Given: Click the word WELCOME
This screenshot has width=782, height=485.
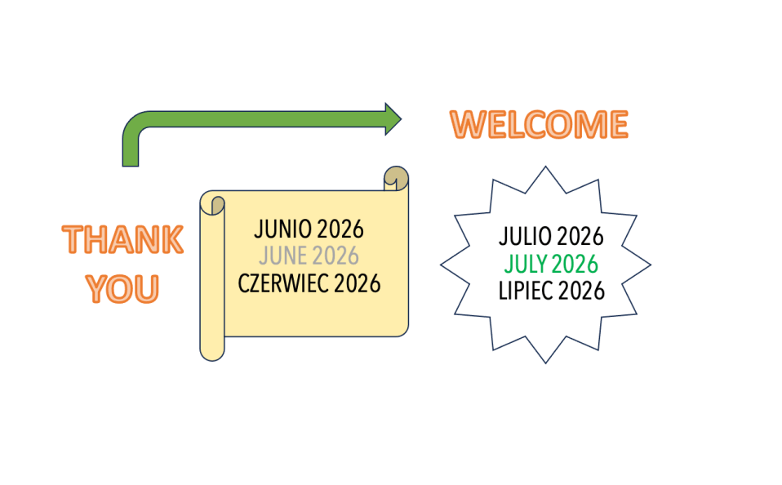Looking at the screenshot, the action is [x=539, y=124].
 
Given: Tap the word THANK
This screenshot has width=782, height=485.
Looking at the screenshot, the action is [x=122, y=239].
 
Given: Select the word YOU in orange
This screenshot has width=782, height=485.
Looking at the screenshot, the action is [x=122, y=289].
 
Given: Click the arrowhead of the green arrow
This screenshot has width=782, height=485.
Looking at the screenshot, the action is [x=393, y=119].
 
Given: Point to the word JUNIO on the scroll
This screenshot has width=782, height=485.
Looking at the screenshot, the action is [x=282, y=229].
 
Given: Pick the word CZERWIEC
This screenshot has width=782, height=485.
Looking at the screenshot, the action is [x=283, y=283].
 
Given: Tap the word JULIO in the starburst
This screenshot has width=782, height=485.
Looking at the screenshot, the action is [x=525, y=237].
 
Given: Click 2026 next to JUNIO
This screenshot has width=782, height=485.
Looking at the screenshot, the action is [x=340, y=229].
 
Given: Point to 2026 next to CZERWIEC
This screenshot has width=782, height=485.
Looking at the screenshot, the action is [x=357, y=283].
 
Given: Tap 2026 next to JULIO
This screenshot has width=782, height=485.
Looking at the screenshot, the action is [x=580, y=237].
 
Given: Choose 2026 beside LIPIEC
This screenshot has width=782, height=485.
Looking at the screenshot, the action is [x=581, y=291].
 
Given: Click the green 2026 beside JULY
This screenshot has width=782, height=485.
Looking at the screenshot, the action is [x=575, y=264].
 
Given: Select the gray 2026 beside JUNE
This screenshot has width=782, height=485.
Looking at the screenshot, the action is [x=335, y=256].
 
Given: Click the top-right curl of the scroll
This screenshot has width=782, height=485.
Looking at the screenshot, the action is [x=397, y=178].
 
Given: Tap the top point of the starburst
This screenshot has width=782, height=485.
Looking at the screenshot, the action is [x=545, y=167].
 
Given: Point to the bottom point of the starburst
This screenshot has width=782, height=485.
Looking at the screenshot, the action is [x=545, y=363].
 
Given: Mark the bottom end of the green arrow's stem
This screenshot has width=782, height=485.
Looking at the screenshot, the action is [x=131, y=166].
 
